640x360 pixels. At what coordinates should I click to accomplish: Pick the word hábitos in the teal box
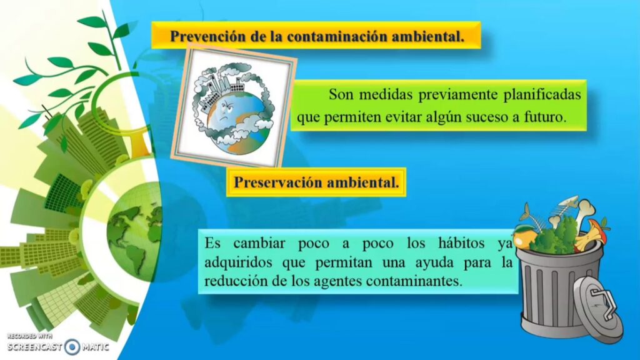tap(462, 243)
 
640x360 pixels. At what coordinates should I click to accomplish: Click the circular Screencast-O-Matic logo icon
tap(72, 347)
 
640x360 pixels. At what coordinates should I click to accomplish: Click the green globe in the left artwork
tap(135, 232)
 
